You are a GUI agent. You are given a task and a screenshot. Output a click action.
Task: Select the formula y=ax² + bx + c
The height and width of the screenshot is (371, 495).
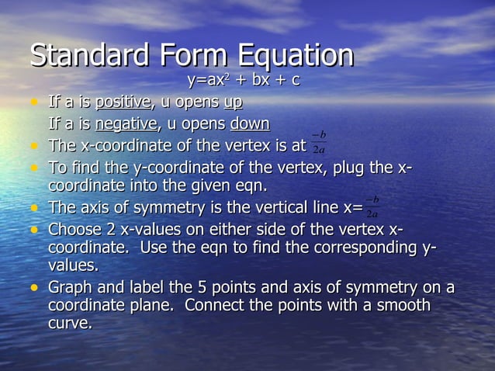pos(244,81)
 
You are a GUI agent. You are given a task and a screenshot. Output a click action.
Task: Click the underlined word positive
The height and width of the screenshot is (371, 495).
pos(123,102)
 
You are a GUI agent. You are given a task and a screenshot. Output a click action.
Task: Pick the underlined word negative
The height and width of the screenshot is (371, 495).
pos(126,124)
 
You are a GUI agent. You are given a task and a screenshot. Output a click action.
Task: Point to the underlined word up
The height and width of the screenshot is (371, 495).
pos(233,102)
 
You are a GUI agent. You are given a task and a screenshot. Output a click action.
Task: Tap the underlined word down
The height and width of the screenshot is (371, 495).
pos(250,124)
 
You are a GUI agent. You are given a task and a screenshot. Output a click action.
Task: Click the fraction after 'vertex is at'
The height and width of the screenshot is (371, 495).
pos(318,144)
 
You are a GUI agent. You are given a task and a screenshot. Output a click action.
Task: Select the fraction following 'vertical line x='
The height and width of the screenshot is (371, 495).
pos(372,206)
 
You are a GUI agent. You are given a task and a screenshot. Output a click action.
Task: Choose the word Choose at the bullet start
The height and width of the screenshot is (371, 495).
pos(74,229)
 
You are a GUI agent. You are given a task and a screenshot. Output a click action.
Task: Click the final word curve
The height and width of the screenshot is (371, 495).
pos(70,324)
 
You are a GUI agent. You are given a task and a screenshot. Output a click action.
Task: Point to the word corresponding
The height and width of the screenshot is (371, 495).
pos(371,247)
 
